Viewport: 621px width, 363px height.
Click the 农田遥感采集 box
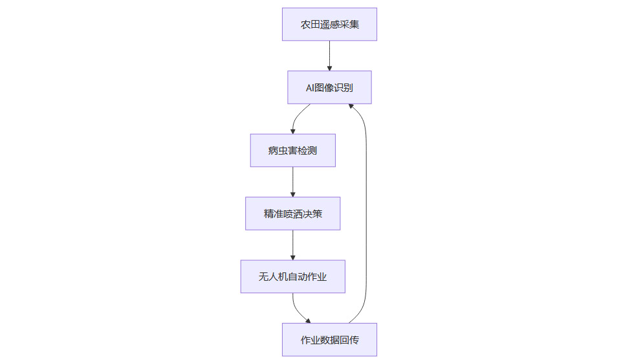[x=329, y=25]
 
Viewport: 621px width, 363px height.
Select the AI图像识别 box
[x=329, y=87]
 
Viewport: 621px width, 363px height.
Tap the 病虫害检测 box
[x=292, y=150]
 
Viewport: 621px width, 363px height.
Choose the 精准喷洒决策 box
[x=292, y=214]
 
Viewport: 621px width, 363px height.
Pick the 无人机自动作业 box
[x=292, y=276]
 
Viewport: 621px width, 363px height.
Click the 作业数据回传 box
[x=329, y=340]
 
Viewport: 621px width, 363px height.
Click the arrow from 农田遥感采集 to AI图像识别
[x=329, y=55]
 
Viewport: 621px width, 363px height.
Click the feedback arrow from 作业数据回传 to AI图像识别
[x=367, y=214]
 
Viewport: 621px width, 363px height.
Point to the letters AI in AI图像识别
[x=310, y=87]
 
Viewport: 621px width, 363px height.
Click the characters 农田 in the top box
[x=309, y=25]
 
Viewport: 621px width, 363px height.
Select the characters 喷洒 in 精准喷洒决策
[x=292, y=214]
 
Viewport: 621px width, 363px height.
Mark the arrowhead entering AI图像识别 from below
[x=351, y=106]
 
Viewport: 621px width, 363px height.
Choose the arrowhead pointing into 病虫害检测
[x=292, y=131]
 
